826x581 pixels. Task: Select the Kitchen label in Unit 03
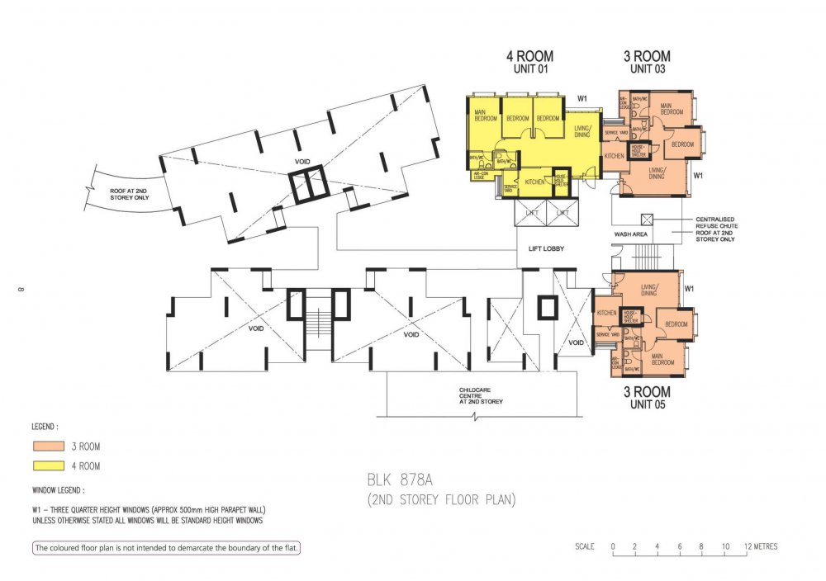(614, 155)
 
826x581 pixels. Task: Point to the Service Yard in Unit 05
(607, 334)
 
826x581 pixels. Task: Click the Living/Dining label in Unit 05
(648, 290)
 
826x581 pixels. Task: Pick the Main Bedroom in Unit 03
(672, 111)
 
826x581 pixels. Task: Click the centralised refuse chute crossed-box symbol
(648, 220)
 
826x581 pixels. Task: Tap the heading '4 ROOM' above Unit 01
(529, 57)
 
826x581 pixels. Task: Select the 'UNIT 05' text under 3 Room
(647, 405)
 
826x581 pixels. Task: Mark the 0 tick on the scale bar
(613, 546)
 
